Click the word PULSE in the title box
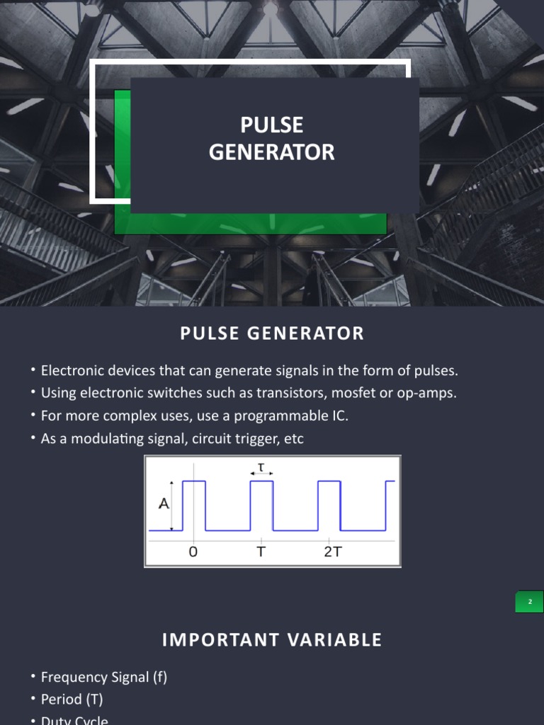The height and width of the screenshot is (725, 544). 271,125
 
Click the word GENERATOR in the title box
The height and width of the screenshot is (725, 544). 271,152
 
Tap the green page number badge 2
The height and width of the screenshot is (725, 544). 529,602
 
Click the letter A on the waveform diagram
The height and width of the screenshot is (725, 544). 164,504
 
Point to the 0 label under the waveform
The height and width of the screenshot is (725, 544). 193,552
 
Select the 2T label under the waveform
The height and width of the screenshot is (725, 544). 333,552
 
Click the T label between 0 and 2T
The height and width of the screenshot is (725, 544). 261,552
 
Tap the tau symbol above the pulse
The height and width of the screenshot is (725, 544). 261,466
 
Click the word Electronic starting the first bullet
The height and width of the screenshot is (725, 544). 73,370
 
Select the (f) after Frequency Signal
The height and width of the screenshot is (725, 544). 159,678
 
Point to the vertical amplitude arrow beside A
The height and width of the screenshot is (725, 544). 172,506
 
